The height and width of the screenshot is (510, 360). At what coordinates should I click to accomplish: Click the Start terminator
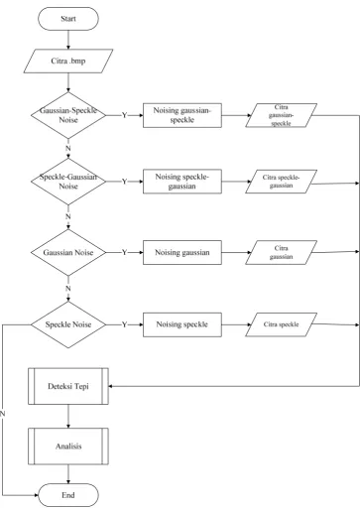(x=68, y=19)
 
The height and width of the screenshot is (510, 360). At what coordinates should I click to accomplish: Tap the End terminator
(x=68, y=495)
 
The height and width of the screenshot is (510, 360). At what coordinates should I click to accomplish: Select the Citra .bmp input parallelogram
(x=68, y=62)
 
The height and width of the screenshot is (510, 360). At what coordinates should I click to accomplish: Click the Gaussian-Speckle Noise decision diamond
(x=68, y=115)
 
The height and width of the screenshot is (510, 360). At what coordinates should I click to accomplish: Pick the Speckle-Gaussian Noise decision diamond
(x=68, y=182)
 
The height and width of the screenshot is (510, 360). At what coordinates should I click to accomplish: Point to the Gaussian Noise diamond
(x=68, y=252)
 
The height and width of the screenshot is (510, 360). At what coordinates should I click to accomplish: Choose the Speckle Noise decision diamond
(x=68, y=324)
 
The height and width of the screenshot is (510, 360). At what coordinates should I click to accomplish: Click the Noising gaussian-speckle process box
(x=182, y=115)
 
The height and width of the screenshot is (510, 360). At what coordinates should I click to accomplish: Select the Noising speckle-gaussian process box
(x=182, y=182)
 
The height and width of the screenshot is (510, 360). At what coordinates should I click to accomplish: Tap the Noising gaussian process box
(x=182, y=252)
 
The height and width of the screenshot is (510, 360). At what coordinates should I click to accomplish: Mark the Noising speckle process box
(x=182, y=324)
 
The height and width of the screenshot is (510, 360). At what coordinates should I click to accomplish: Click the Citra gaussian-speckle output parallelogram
(x=281, y=115)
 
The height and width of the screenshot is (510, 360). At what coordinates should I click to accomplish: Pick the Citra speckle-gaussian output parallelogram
(x=281, y=182)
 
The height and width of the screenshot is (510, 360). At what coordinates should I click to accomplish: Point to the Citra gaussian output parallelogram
(x=281, y=252)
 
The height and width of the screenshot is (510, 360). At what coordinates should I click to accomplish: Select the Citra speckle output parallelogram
(x=281, y=324)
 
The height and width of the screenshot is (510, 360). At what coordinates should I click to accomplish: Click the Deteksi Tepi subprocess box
(x=68, y=386)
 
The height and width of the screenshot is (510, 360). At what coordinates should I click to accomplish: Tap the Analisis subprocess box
(x=68, y=446)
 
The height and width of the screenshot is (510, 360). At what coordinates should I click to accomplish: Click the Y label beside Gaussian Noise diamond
(x=124, y=253)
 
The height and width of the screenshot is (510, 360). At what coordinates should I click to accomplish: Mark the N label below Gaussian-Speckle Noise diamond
(x=68, y=149)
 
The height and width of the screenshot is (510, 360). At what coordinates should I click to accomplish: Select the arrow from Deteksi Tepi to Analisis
(x=68, y=416)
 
